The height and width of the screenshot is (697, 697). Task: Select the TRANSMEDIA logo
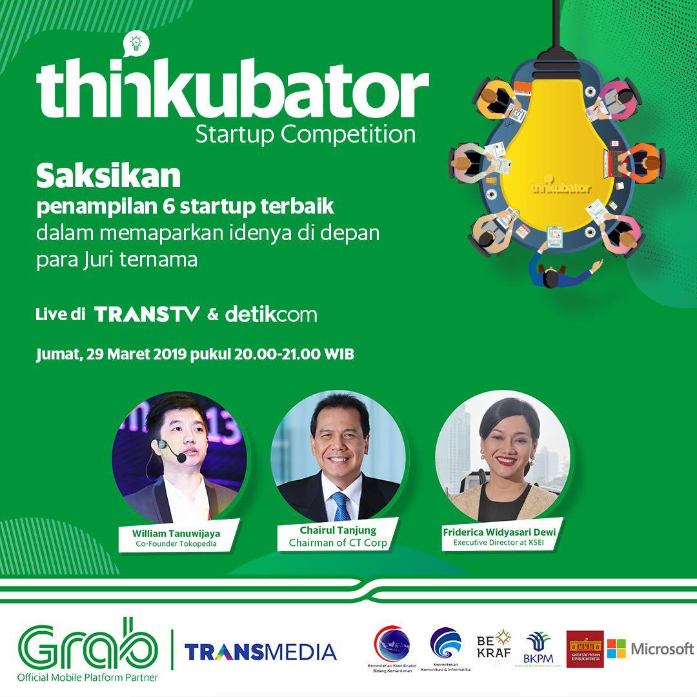tap(260, 651)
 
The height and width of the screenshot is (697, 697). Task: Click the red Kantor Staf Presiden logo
tap(585, 649)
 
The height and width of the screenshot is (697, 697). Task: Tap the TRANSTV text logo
tap(147, 315)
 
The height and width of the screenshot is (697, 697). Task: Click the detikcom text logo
tap(271, 315)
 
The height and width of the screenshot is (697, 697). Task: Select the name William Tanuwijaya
tap(176, 533)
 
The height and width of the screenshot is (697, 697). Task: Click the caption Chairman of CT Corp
tap(338, 543)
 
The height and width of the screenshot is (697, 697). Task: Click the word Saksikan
tap(108, 175)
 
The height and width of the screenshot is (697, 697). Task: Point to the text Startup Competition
tap(305, 134)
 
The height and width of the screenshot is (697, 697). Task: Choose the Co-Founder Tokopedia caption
tap(176, 543)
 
